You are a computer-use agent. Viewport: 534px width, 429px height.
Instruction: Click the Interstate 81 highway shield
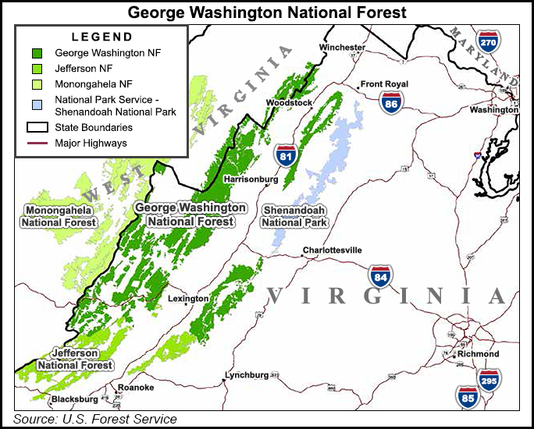coord(287,155)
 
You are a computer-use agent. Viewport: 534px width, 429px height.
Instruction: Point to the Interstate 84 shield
coord(380,276)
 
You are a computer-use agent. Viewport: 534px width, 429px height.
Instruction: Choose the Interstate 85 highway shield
coord(468,398)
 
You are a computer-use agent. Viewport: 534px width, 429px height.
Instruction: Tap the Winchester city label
coord(342,48)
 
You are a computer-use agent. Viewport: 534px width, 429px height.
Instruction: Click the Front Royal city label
coord(384,85)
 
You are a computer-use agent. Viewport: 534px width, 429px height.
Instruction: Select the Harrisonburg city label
coord(251,179)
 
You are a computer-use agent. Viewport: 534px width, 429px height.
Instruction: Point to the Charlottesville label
coord(333,250)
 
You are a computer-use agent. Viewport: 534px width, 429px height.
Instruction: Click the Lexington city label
coord(188,299)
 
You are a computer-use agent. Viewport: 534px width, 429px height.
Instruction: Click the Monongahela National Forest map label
coord(59,216)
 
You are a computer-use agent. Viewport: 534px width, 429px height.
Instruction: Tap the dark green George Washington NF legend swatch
coord(37,53)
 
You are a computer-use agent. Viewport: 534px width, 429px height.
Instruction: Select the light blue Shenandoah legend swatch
coord(37,103)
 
